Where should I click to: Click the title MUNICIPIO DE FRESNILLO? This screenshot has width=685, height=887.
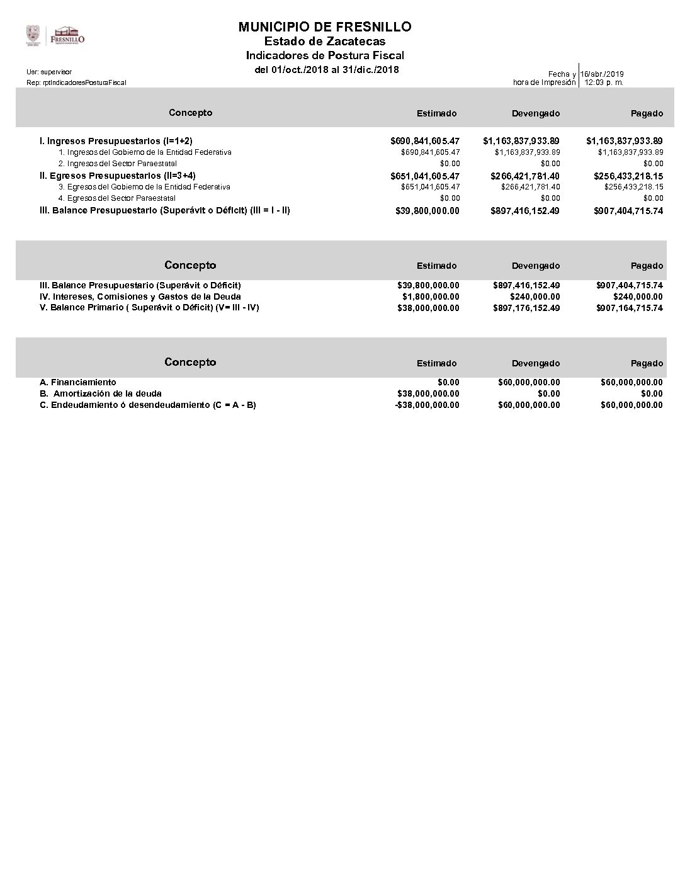pos(325,26)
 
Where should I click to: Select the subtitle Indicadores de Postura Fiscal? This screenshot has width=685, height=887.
pos(325,55)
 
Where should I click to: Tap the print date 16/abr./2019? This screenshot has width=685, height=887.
pos(602,74)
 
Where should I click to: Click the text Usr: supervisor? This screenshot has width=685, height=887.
pos(49,72)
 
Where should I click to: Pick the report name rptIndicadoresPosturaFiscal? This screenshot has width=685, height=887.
pos(76,82)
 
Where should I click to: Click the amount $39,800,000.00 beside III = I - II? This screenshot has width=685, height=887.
pos(427,211)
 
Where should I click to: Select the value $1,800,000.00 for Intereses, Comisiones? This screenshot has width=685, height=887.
pos(431,297)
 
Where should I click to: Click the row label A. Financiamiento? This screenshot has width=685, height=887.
pos(77,382)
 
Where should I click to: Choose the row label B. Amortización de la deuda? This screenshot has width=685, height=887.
pos(100,393)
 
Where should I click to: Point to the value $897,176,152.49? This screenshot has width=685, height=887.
pos(526,308)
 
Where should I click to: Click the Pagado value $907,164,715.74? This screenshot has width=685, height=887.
pos(629,308)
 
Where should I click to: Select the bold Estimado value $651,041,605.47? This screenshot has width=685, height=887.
pos(425,176)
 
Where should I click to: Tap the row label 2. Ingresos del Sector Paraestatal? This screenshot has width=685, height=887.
pos(118,164)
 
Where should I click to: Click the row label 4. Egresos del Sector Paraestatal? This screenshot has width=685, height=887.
pos(116,198)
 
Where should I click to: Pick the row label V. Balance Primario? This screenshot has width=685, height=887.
pos(149,308)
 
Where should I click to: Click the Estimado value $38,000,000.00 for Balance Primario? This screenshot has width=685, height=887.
pos(428,308)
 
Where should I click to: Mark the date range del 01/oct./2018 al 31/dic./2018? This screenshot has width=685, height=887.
pos(326,69)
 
